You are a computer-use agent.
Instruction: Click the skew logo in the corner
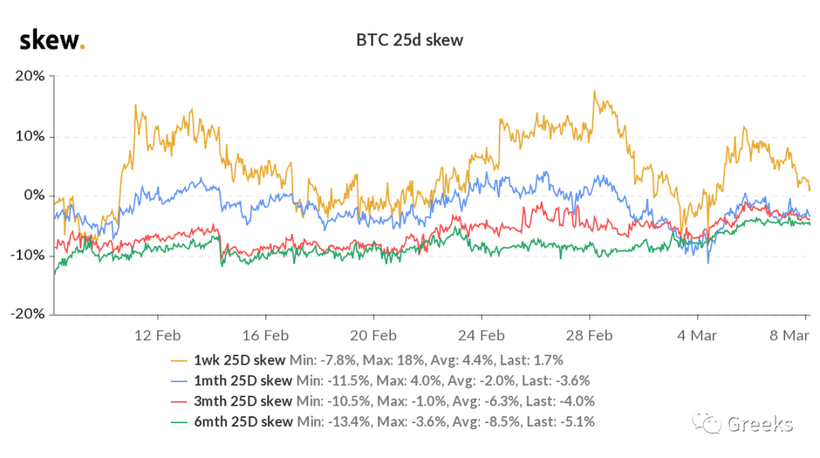52,40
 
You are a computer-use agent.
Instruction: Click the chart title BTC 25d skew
409,40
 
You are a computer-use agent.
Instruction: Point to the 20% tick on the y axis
30,76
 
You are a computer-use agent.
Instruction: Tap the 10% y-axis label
30,136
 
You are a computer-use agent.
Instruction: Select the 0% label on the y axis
34,195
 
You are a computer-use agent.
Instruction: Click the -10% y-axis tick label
28,255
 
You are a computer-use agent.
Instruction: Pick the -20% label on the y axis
28,314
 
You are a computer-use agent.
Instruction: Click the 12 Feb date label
157,336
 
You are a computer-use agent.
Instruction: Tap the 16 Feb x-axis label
266,336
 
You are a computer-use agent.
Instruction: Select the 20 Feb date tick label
374,336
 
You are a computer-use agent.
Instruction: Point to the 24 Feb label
481,336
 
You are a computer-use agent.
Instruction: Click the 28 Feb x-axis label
589,336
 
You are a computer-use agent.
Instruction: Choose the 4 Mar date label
697,336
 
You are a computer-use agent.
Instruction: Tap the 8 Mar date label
789,336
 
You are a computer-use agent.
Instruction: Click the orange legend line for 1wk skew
179,361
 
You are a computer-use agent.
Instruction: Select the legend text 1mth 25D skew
243,381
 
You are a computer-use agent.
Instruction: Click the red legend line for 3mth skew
179,402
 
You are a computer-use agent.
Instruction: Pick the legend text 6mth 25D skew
243,422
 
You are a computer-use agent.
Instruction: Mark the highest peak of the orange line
594,91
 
